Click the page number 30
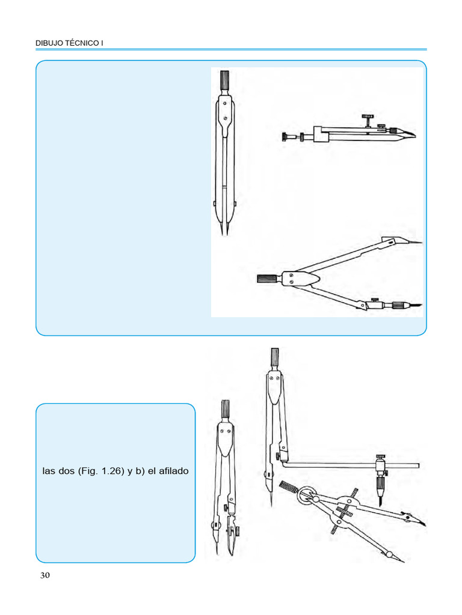pos(45,575)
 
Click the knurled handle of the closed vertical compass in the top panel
pos(226,80)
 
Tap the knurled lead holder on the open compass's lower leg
pos(398,304)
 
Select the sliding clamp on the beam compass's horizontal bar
pos(381,465)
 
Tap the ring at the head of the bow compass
pos(307,495)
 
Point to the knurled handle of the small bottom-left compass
pos(226,411)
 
